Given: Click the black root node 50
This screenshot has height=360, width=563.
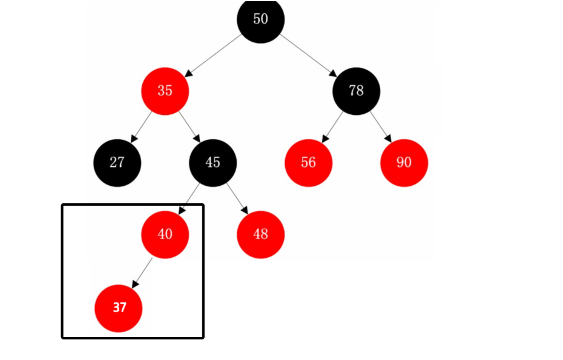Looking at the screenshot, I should [x=260, y=19].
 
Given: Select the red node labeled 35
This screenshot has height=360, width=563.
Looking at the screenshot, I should [x=165, y=91].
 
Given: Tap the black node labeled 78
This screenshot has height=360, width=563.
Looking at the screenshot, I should [x=356, y=91].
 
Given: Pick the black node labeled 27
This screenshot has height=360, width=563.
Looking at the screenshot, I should [x=117, y=162].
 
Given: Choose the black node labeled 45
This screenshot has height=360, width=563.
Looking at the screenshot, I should [x=212, y=162].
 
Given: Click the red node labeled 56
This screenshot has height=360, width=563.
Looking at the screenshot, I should [x=308, y=162].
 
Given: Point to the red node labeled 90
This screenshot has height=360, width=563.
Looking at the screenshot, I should [x=404, y=162].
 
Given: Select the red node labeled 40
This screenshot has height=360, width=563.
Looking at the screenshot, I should [x=165, y=234].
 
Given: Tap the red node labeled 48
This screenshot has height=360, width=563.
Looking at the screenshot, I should [x=260, y=234].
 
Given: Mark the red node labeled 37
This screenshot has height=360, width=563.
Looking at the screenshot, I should [x=119, y=307].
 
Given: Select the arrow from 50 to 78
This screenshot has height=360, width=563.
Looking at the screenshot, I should [x=308, y=55].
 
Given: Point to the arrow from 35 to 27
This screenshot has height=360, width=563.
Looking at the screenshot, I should [x=141, y=126].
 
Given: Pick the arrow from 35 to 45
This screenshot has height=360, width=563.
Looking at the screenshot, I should [x=189, y=126].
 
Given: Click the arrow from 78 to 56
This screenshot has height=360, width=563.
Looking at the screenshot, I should [x=332, y=126].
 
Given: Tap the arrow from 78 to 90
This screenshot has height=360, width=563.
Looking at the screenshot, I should [x=380, y=126].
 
